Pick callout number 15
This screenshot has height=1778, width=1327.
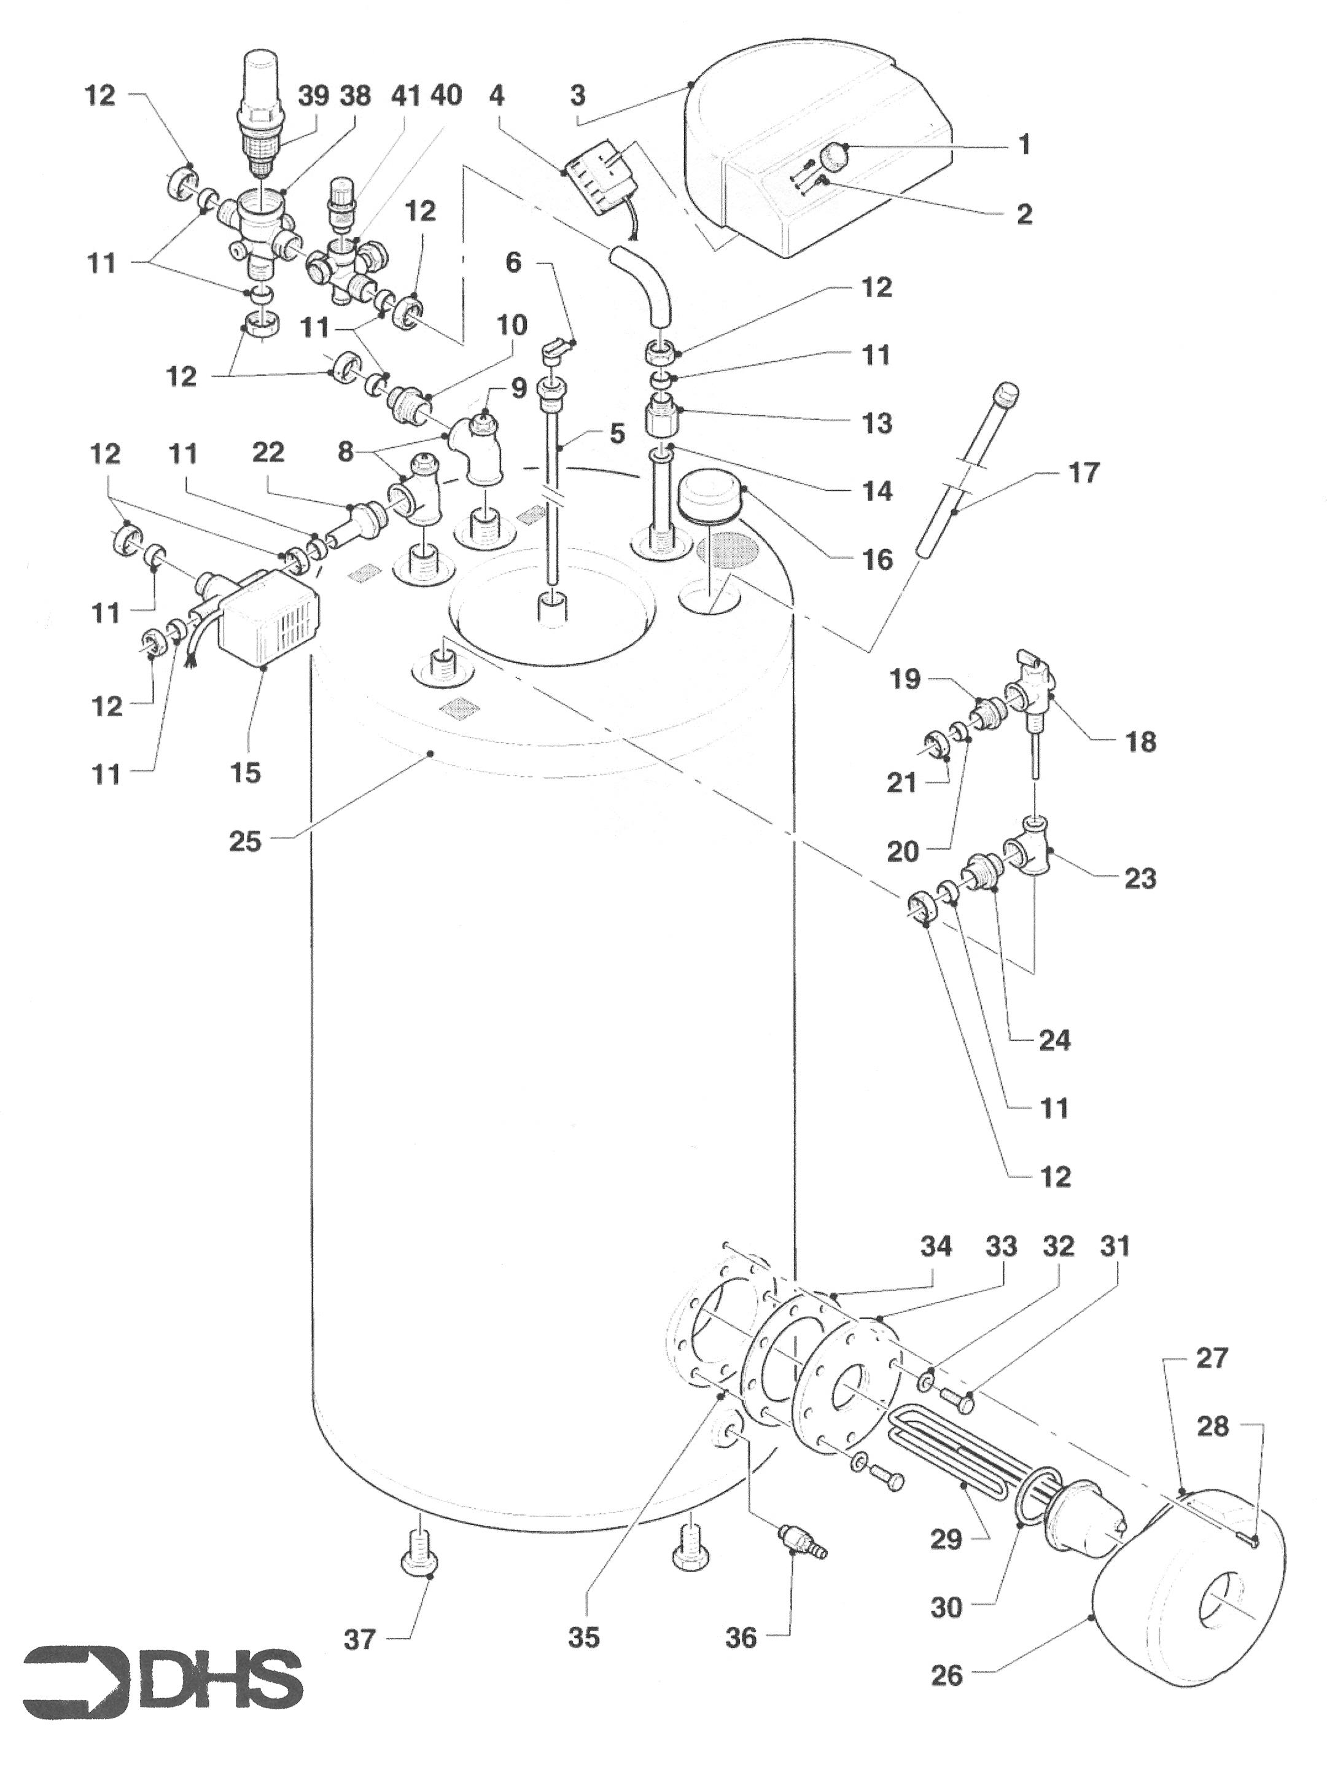click(246, 772)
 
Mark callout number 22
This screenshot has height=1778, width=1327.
click(268, 453)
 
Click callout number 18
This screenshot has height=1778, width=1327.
click(1140, 741)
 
